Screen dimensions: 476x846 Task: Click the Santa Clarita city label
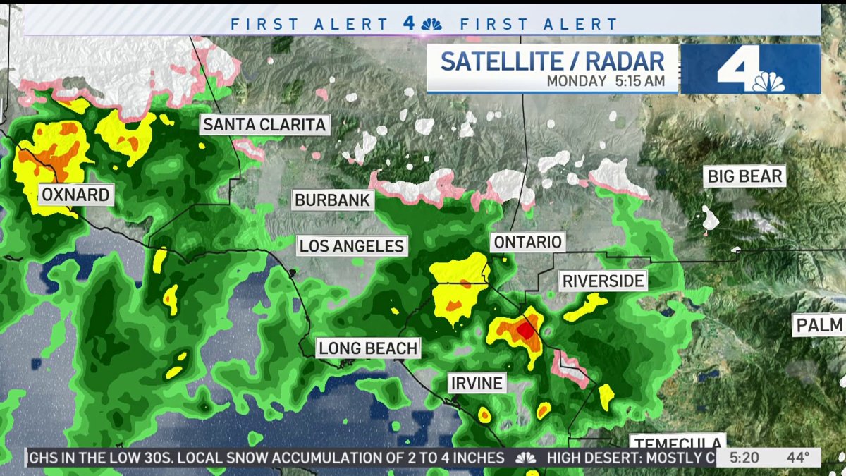264,126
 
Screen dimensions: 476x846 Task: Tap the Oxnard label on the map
76,195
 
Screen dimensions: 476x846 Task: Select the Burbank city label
332,200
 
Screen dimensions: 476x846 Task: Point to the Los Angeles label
351,246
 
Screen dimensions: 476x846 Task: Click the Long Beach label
368,348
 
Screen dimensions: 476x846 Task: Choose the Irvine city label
477,384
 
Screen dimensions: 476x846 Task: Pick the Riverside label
603,281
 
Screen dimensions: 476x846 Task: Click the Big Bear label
745,176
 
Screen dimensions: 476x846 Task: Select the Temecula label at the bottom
677,442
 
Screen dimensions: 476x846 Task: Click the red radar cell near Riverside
525,329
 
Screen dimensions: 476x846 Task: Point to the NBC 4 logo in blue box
750,69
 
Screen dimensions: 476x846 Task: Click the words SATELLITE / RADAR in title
552,61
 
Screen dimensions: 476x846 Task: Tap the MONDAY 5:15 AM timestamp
606,81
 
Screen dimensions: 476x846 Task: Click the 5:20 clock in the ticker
744,458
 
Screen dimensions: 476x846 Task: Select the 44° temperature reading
798,458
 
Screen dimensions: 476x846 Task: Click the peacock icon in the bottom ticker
525,458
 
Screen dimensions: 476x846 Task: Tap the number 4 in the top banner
410,23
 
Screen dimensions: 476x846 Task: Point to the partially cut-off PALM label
820,325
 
